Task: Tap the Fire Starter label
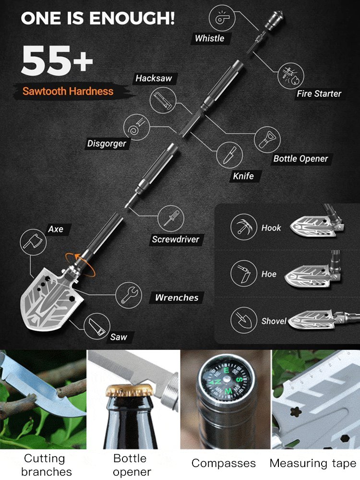click(x=319, y=94)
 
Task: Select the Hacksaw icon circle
click(x=162, y=100)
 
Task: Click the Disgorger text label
click(x=107, y=144)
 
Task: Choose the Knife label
click(x=243, y=176)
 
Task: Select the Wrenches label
click(x=176, y=298)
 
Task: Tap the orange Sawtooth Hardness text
click(x=68, y=91)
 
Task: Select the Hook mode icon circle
click(x=243, y=227)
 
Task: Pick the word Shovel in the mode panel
click(x=274, y=321)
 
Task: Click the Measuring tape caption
click(x=313, y=463)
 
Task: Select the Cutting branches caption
click(x=44, y=465)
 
